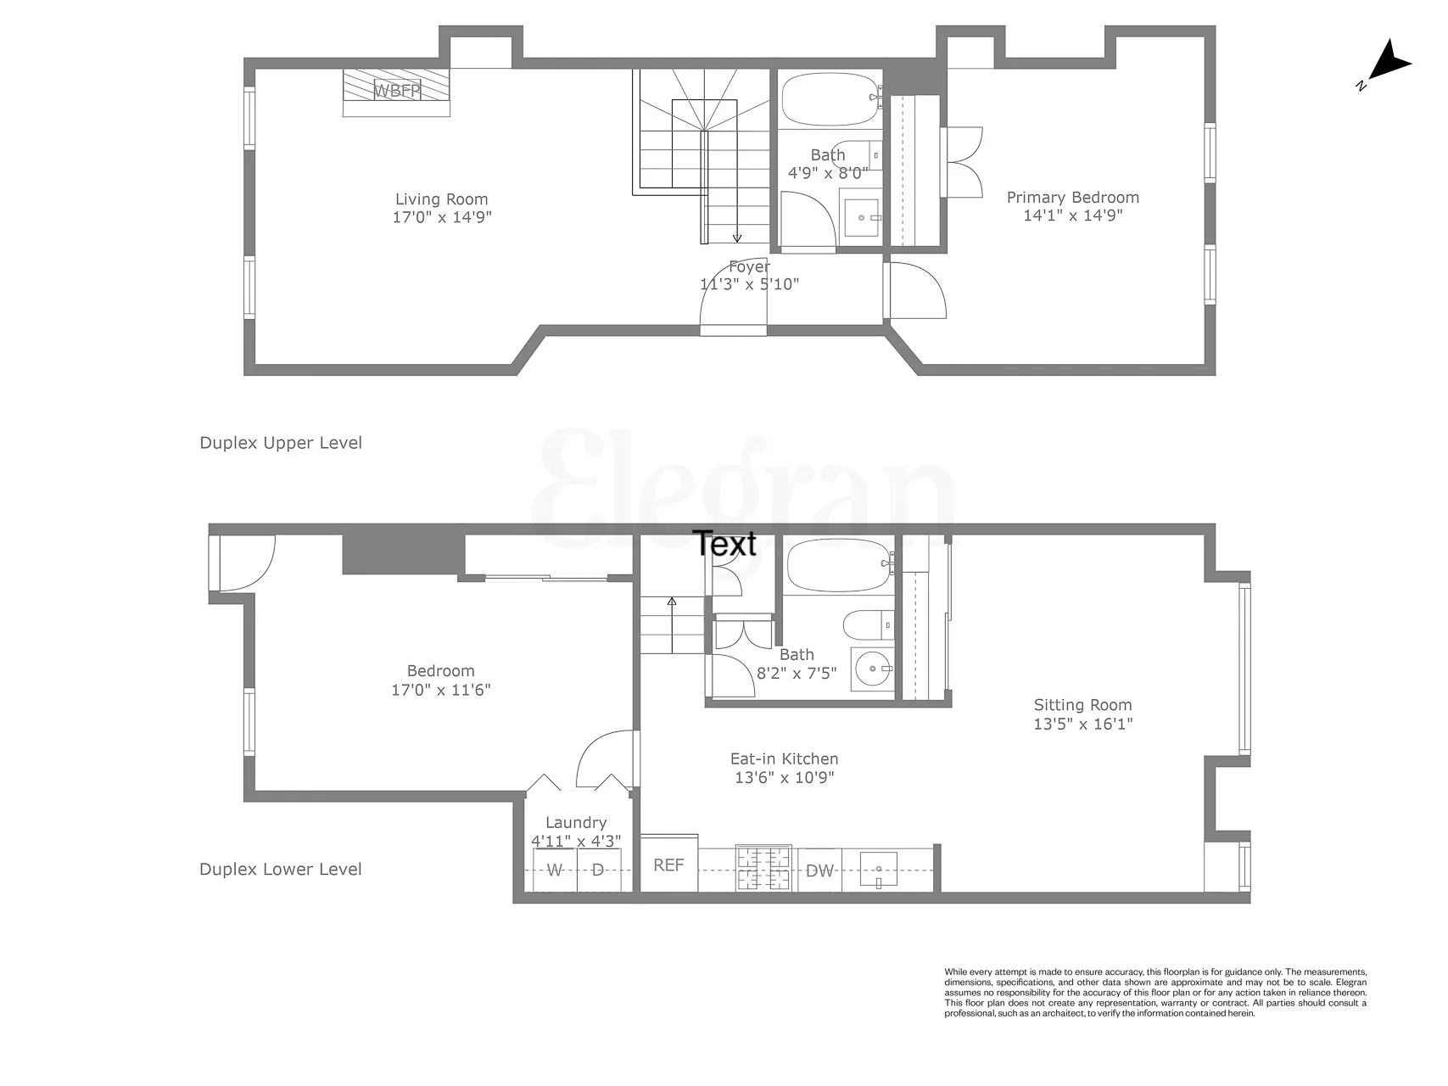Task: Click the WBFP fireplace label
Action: click(x=397, y=89)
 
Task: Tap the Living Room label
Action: click(x=441, y=199)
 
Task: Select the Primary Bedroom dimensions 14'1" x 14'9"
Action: click(x=1072, y=216)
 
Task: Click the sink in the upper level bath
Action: click(x=862, y=217)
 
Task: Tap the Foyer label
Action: click(x=749, y=266)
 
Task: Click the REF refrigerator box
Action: click(x=668, y=865)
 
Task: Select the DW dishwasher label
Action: click(x=819, y=870)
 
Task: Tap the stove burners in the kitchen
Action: click(x=763, y=869)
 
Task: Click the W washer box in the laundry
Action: click(x=555, y=870)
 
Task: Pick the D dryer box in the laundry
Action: click(x=598, y=870)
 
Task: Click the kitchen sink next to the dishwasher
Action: click(x=879, y=870)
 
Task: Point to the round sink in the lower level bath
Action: click(x=871, y=669)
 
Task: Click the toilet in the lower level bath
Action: click(x=865, y=625)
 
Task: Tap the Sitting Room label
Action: click(x=1082, y=705)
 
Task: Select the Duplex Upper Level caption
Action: click(x=281, y=443)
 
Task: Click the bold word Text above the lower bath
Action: click(x=724, y=544)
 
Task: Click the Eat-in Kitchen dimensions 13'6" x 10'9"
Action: click(x=784, y=777)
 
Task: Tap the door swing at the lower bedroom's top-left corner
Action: click(x=246, y=562)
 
